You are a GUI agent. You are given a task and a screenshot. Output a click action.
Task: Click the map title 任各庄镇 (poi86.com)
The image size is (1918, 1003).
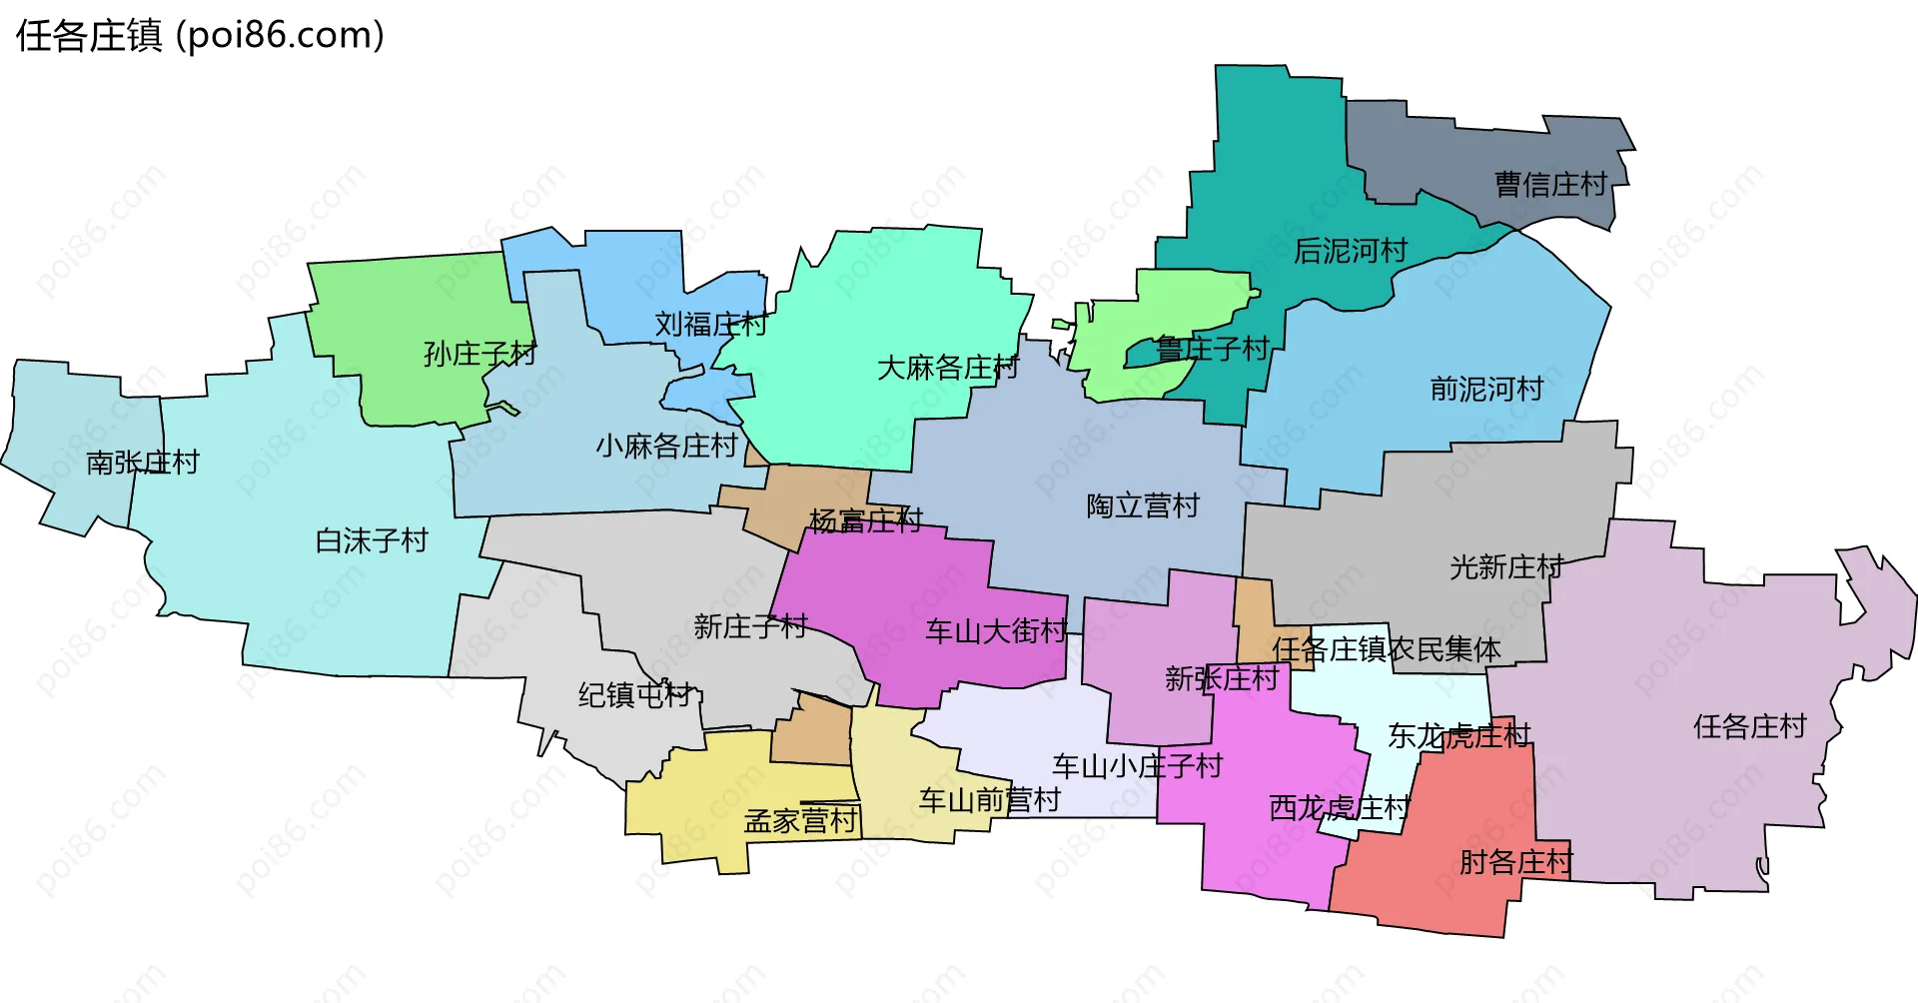click(x=200, y=36)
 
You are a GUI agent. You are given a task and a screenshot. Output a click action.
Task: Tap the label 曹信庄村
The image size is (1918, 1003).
click(x=1550, y=185)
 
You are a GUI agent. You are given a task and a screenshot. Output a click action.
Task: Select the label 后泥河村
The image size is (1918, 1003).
click(x=1351, y=251)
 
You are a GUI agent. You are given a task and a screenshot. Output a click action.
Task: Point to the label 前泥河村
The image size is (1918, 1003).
click(x=1486, y=389)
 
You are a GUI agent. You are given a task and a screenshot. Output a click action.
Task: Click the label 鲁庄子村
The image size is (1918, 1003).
click(x=1212, y=349)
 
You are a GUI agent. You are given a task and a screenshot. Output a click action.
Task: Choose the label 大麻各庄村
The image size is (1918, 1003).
click(x=947, y=368)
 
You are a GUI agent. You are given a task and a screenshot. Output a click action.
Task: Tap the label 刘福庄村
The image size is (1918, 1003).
click(x=710, y=324)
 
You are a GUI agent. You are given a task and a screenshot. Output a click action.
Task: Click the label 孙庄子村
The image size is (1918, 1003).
click(x=479, y=354)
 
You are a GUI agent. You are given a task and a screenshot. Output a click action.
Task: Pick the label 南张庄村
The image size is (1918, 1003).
click(x=143, y=462)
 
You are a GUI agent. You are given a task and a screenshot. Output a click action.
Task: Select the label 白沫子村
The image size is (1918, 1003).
click(x=372, y=540)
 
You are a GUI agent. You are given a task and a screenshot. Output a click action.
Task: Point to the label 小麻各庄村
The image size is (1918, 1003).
click(x=666, y=446)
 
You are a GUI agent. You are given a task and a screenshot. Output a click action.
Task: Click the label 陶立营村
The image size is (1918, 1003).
click(x=1143, y=505)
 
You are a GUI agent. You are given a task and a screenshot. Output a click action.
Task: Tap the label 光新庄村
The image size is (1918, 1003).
click(x=1506, y=566)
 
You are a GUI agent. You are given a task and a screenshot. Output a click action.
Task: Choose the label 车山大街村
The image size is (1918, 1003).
click(x=996, y=630)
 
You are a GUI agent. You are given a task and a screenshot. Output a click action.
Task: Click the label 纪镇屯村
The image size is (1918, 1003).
click(x=635, y=694)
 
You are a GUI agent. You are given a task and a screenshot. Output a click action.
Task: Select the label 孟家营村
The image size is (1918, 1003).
click(x=800, y=820)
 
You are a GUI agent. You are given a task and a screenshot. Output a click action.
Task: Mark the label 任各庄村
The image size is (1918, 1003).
click(x=1750, y=726)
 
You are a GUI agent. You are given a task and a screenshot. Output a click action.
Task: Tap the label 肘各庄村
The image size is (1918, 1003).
click(x=1515, y=861)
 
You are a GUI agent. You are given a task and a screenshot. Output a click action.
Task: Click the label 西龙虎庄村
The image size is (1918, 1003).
click(x=1339, y=807)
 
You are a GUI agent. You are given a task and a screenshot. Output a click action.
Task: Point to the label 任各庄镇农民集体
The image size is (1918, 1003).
click(x=1386, y=649)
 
